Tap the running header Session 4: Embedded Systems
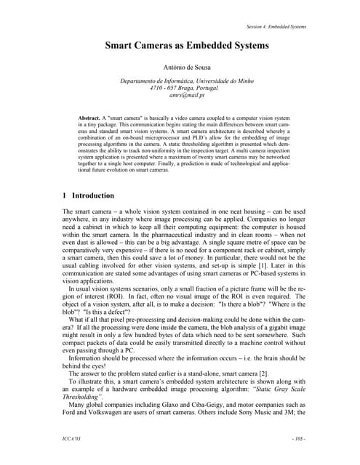[x=276, y=27]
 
